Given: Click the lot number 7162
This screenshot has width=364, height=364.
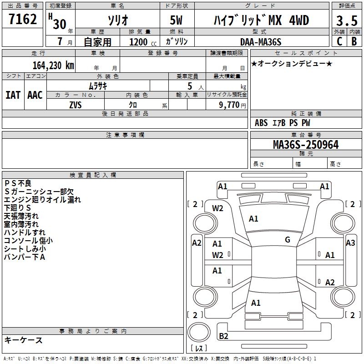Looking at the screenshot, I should pos(23,20).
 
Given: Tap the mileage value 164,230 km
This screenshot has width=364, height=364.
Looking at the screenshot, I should pos(53,65).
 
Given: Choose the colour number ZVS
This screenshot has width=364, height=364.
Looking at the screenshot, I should pos(76,104).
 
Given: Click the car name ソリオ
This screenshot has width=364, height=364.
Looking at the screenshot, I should pos(117,21).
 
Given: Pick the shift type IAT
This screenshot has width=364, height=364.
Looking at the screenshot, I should pos(13,95).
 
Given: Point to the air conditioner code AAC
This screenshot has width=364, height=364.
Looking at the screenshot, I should pos(35,95).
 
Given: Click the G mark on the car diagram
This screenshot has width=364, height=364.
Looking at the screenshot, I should pos(287,240).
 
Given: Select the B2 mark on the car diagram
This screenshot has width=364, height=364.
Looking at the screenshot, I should pos(223,336).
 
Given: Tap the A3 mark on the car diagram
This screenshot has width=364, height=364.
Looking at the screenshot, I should pos(350,243).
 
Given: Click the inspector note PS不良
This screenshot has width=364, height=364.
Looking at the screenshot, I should pos(18,183).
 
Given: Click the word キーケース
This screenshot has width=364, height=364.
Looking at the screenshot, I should pos(23,340).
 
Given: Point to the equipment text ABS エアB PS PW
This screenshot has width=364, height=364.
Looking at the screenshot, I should pos(283,122).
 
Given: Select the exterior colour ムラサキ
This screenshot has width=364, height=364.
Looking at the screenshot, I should pos(97,86).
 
